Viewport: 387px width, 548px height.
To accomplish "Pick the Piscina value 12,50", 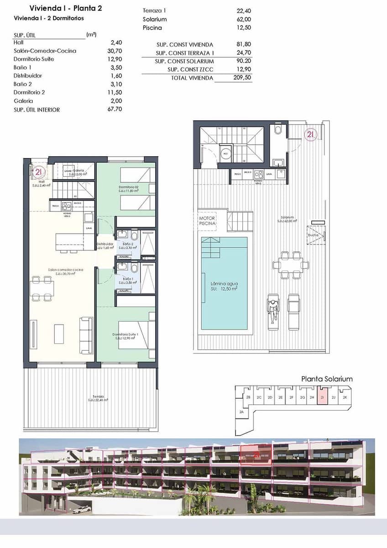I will (x=243, y=27).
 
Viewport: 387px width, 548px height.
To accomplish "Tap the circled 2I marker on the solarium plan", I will (x=310, y=134).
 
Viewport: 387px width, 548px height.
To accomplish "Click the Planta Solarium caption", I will (x=327, y=379).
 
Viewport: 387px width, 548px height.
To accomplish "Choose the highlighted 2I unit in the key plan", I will (x=323, y=398).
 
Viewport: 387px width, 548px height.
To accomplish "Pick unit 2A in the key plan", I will (x=241, y=412).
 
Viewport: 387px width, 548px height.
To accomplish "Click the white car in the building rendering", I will (x=82, y=508).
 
